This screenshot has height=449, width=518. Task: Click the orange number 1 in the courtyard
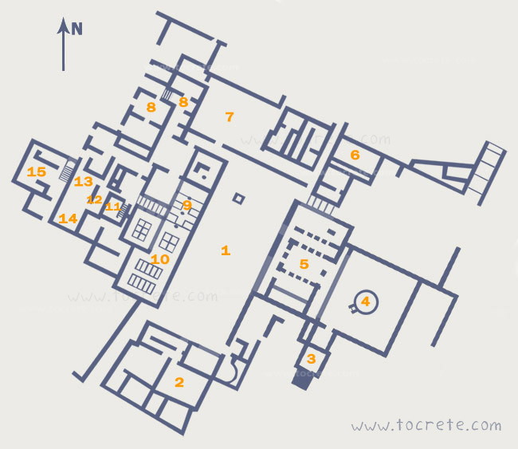point(226,250)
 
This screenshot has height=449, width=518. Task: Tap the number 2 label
point(179,382)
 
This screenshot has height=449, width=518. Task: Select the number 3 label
point(311,359)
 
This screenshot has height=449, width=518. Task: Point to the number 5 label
point(304,264)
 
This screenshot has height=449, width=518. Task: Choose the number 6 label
point(355,155)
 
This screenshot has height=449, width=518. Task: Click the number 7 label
point(230,116)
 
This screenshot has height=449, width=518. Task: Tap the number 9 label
point(187,205)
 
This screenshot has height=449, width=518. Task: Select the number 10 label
point(160,259)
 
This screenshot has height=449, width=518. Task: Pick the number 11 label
point(113,207)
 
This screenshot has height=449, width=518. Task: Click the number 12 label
point(94,199)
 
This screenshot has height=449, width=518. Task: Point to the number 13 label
point(83,181)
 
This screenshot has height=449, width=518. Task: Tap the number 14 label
point(68,219)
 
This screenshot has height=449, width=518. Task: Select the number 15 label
point(37,171)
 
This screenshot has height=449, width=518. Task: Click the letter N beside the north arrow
point(77,29)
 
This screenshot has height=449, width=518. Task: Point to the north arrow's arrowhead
point(63,26)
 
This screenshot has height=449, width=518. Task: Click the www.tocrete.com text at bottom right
point(426,425)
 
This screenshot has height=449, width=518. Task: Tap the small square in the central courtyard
point(238,199)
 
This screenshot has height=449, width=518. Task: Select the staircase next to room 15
point(68,169)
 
